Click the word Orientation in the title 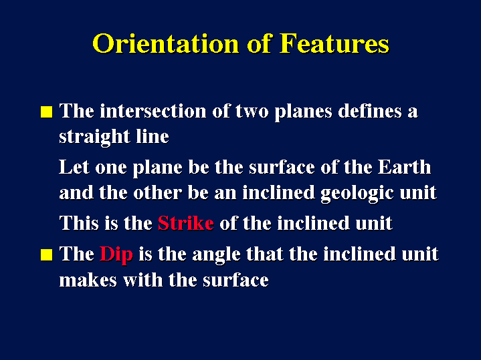[166, 43]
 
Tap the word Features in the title [334, 43]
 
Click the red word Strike [185, 222]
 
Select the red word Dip [116, 254]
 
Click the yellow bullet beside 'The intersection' [47, 112]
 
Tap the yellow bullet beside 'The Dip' [47, 254]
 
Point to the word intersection [153, 111]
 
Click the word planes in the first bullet [303, 112]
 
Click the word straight [94, 137]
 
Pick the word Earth [404, 167]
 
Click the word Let [74, 167]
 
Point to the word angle [216, 255]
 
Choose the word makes [88, 281]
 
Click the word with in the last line [142, 281]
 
